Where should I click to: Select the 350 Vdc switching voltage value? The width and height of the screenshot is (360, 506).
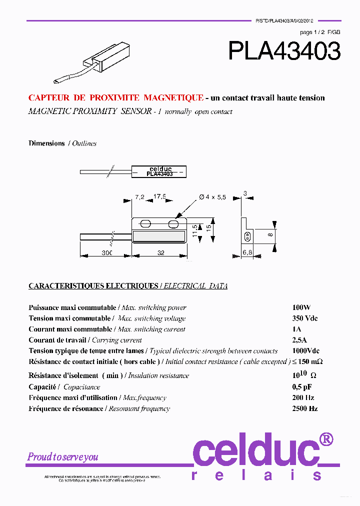305,318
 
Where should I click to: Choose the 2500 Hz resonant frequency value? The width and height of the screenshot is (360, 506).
305,408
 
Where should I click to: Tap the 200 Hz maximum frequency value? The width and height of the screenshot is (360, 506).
303,397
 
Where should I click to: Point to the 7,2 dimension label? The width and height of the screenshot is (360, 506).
139,197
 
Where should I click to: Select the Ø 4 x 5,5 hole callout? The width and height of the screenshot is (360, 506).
212,197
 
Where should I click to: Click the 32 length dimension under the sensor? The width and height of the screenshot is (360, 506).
161,253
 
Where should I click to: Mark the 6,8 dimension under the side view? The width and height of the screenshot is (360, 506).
247,253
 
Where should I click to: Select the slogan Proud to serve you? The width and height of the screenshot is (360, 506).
63,456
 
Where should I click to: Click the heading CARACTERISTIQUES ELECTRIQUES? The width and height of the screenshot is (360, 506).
93,286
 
